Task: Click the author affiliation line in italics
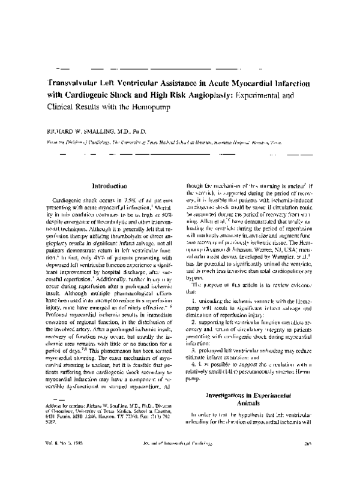pos(180,143)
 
